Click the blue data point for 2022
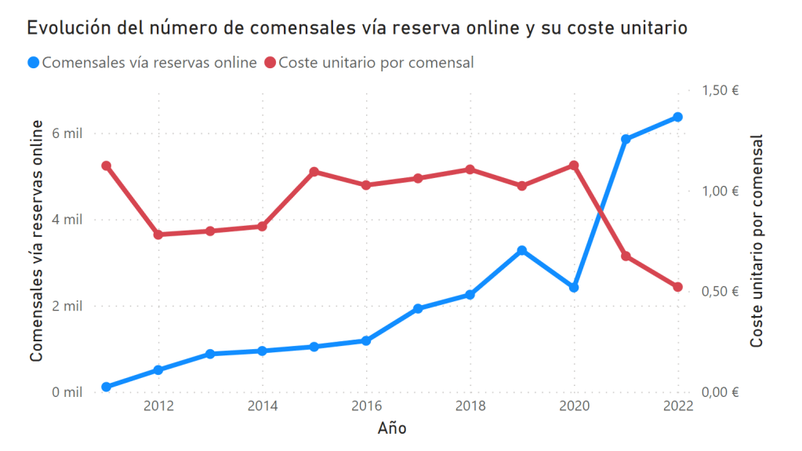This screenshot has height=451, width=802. pos(677,118)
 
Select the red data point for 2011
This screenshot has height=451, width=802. pos(107,165)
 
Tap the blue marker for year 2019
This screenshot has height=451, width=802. pos(522,250)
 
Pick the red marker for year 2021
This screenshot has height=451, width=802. pos(626,256)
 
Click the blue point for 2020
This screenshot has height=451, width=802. pos(574,288)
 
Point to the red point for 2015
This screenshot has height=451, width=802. pos(314,172)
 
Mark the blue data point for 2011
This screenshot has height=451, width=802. pos(107,387)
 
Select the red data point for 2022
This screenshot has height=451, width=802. pos(677,287)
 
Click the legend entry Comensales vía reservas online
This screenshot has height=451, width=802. pos(141,63)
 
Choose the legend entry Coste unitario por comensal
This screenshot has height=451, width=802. pos(368,63)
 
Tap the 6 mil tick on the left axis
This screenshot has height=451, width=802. pos(67,133)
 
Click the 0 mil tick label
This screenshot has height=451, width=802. pos(67,392)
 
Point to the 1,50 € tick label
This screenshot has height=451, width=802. pos(720,90)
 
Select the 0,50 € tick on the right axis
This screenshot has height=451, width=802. pos(720,292)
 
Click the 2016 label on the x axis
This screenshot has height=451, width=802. pos(366,406)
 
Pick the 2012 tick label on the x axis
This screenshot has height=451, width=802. pos(158,406)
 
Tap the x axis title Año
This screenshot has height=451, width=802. pos(392,428)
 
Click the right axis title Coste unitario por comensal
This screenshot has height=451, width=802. pos(757,242)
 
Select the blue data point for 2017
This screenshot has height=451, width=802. pos(418,309)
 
